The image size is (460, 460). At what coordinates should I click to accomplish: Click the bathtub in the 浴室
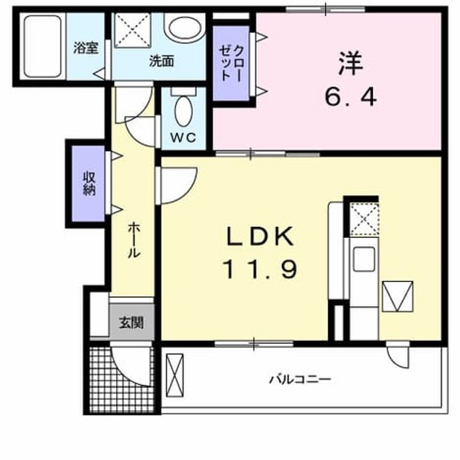point(43,46)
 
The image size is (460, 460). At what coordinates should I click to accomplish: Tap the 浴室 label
point(85,47)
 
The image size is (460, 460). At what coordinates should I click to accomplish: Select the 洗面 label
point(161,61)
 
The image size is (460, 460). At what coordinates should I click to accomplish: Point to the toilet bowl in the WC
point(184,111)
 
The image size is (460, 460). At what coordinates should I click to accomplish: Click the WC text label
point(183,138)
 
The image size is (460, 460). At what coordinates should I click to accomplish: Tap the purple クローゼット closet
point(231,63)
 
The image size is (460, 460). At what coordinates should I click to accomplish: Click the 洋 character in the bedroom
point(351,64)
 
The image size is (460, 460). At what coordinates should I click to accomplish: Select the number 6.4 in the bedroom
point(350,97)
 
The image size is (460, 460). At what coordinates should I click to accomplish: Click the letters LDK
point(260,237)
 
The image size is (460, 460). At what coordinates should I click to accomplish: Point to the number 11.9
point(260,269)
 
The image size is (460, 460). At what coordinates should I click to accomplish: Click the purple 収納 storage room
point(88,183)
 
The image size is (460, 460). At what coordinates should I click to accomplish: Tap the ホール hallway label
point(134,239)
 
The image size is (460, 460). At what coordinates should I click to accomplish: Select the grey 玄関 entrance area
point(131,322)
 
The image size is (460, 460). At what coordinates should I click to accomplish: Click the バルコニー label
point(300,380)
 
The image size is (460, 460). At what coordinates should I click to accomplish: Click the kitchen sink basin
point(364,259)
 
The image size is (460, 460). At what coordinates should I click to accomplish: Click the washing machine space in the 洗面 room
point(132,30)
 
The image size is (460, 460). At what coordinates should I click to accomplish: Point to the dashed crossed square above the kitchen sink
point(364,219)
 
